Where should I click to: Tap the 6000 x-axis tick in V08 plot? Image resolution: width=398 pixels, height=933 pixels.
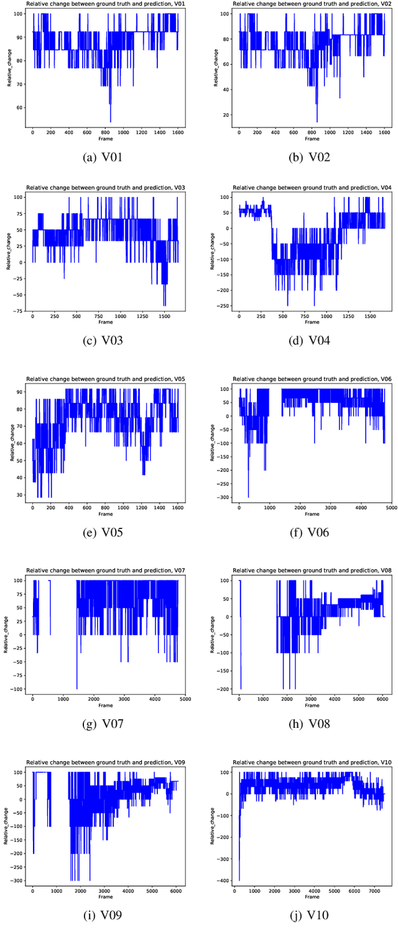coord(381,699)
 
